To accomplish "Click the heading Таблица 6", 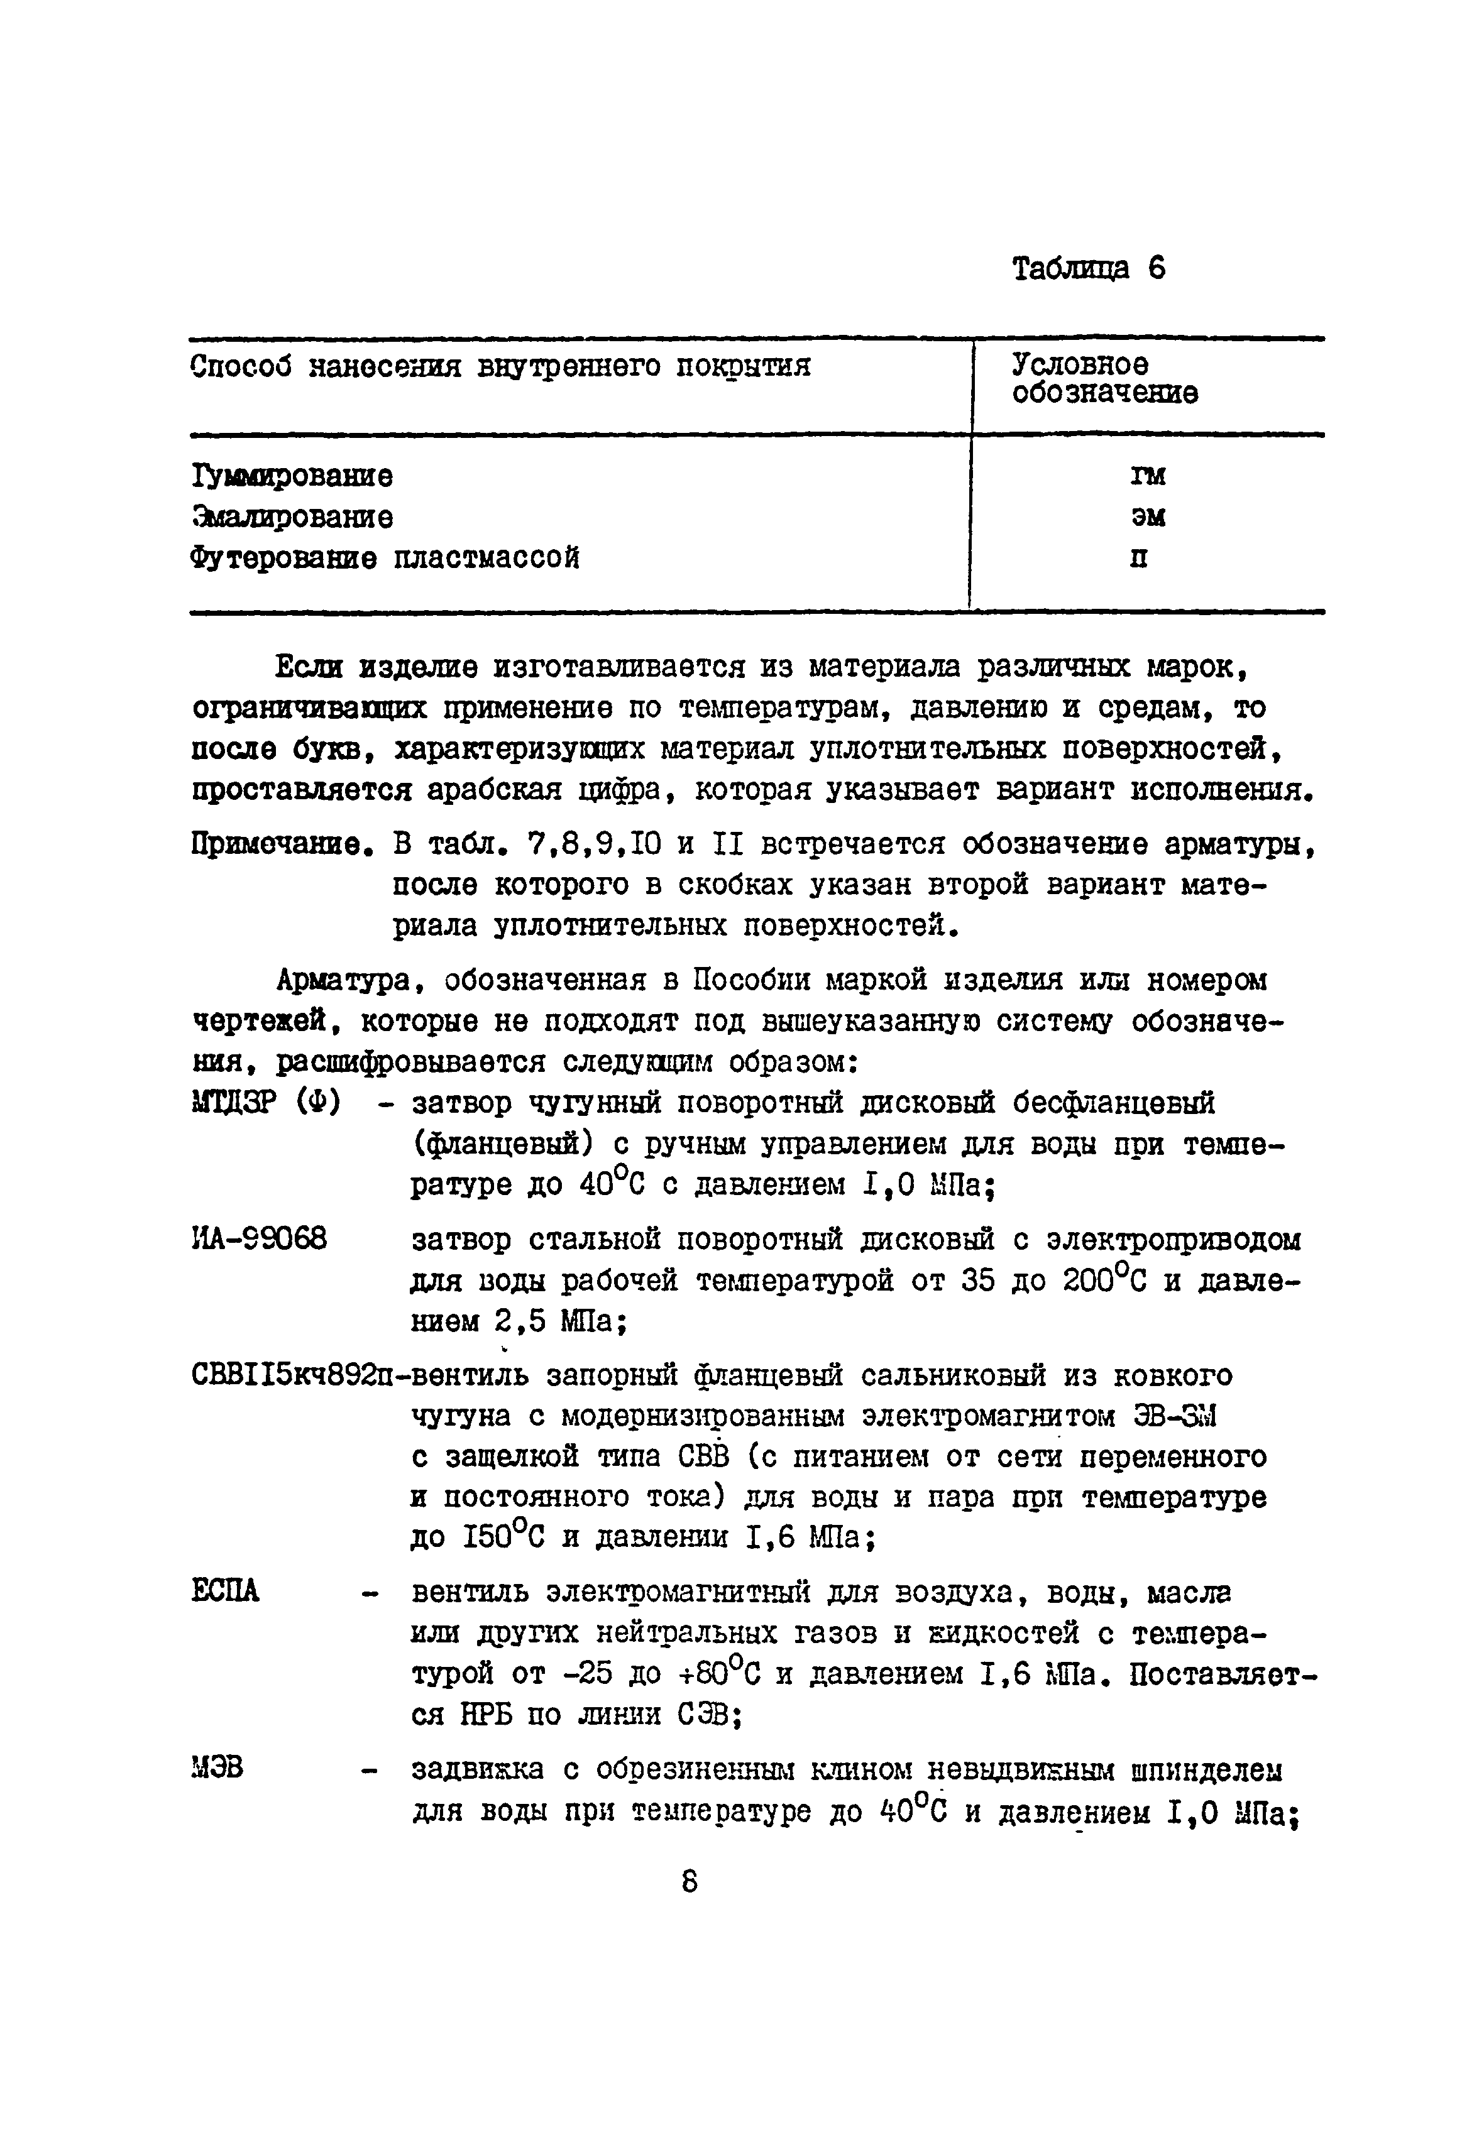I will coord(1088,269).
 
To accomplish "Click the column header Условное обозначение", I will coord(1104,378).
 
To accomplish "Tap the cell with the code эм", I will coord(1147,517).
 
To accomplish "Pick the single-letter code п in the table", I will coord(1139,559).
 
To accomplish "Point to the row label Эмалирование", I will coord(292,517).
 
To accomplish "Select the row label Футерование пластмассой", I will coord(385,559).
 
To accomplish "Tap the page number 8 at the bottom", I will coord(689,1882).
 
